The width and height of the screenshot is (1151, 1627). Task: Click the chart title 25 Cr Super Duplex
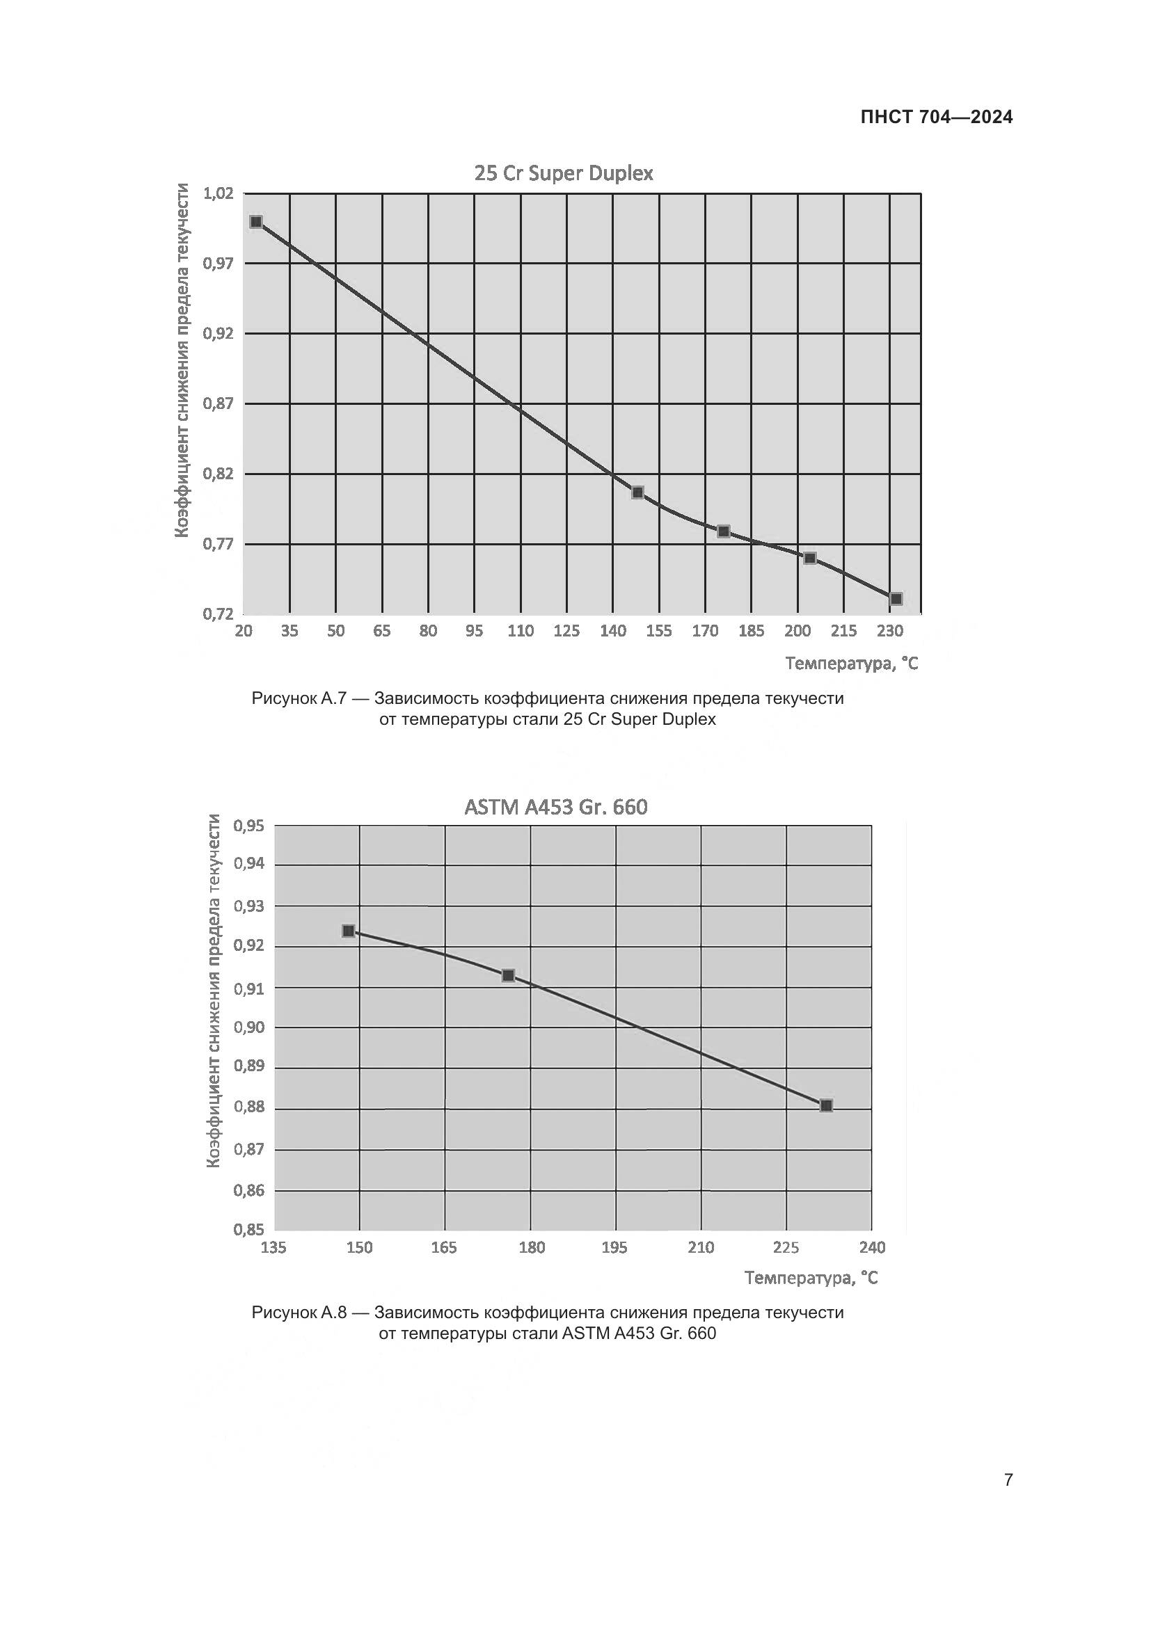point(564,174)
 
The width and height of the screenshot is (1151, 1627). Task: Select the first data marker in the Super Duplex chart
point(257,222)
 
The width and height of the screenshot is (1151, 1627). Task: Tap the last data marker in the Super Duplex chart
point(896,599)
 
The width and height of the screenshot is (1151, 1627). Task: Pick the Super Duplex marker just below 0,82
point(638,492)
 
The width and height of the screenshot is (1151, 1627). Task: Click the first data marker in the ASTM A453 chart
point(349,931)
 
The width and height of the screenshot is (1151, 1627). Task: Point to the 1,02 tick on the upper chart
point(219,193)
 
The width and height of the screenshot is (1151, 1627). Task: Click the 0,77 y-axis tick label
point(219,544)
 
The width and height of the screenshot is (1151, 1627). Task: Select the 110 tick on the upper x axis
point(521,631)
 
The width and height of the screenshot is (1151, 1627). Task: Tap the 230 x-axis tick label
point(890,631)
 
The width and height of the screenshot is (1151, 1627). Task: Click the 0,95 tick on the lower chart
point(248,826)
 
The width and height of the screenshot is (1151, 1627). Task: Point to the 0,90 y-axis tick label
point(248,1027)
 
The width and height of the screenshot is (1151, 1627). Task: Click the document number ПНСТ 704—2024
point(936,118)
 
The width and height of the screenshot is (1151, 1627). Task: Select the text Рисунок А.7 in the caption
point(299,698)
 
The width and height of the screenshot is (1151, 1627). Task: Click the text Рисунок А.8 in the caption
point(299,1313)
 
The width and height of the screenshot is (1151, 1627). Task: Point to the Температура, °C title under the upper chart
point(851,664)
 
